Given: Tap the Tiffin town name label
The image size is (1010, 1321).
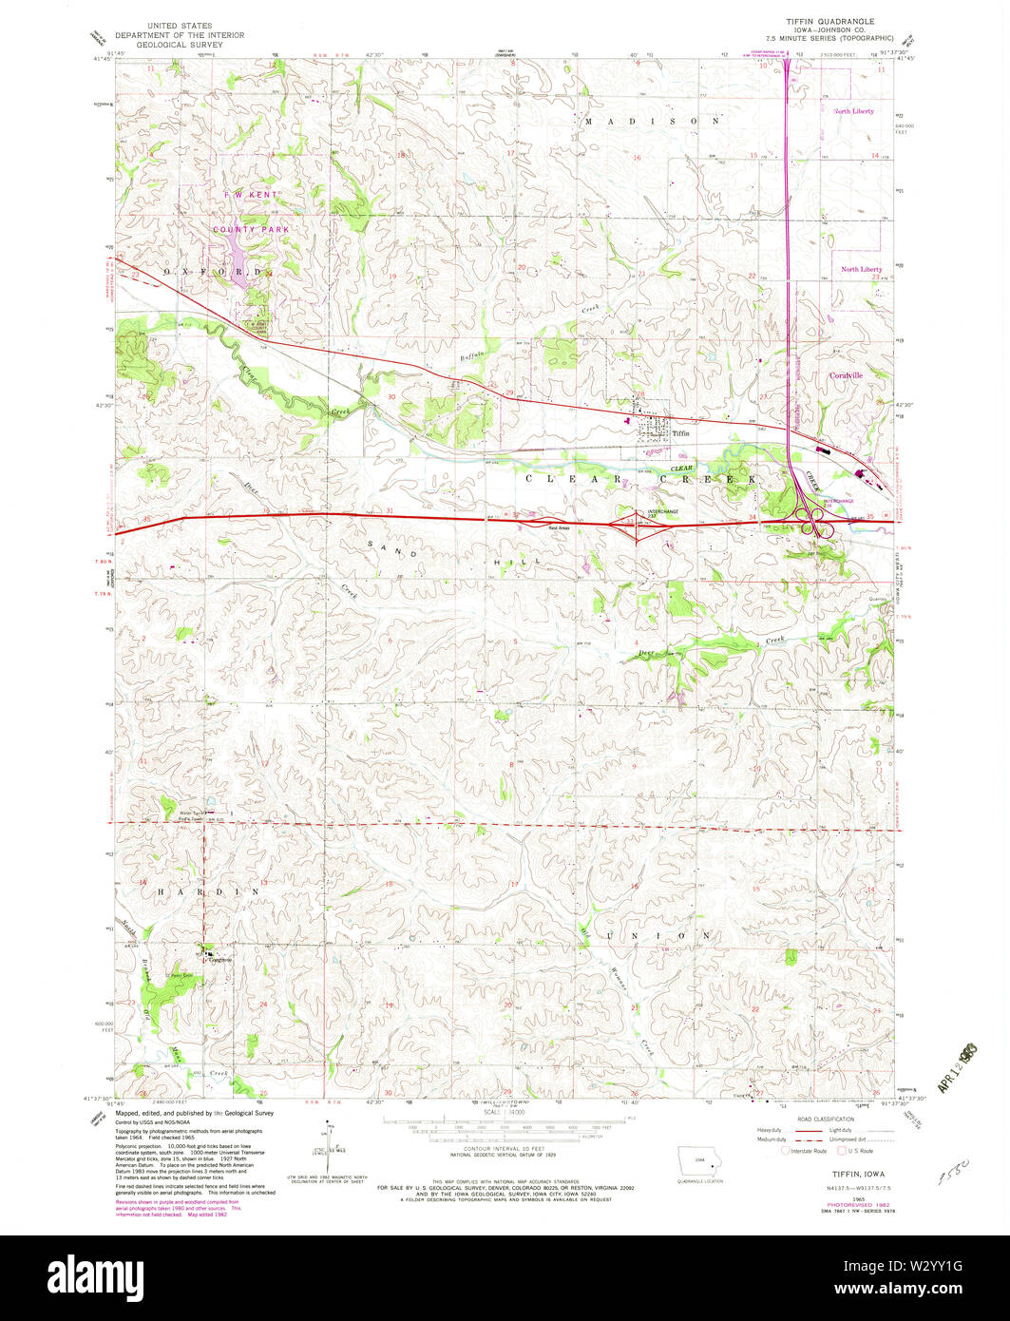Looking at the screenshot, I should point(679,432).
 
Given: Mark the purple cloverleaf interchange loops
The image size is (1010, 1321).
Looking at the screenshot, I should point(813,519).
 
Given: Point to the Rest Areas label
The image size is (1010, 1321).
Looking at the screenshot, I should point(557,526).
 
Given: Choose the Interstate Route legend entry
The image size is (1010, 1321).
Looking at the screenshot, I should point(803,1151).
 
